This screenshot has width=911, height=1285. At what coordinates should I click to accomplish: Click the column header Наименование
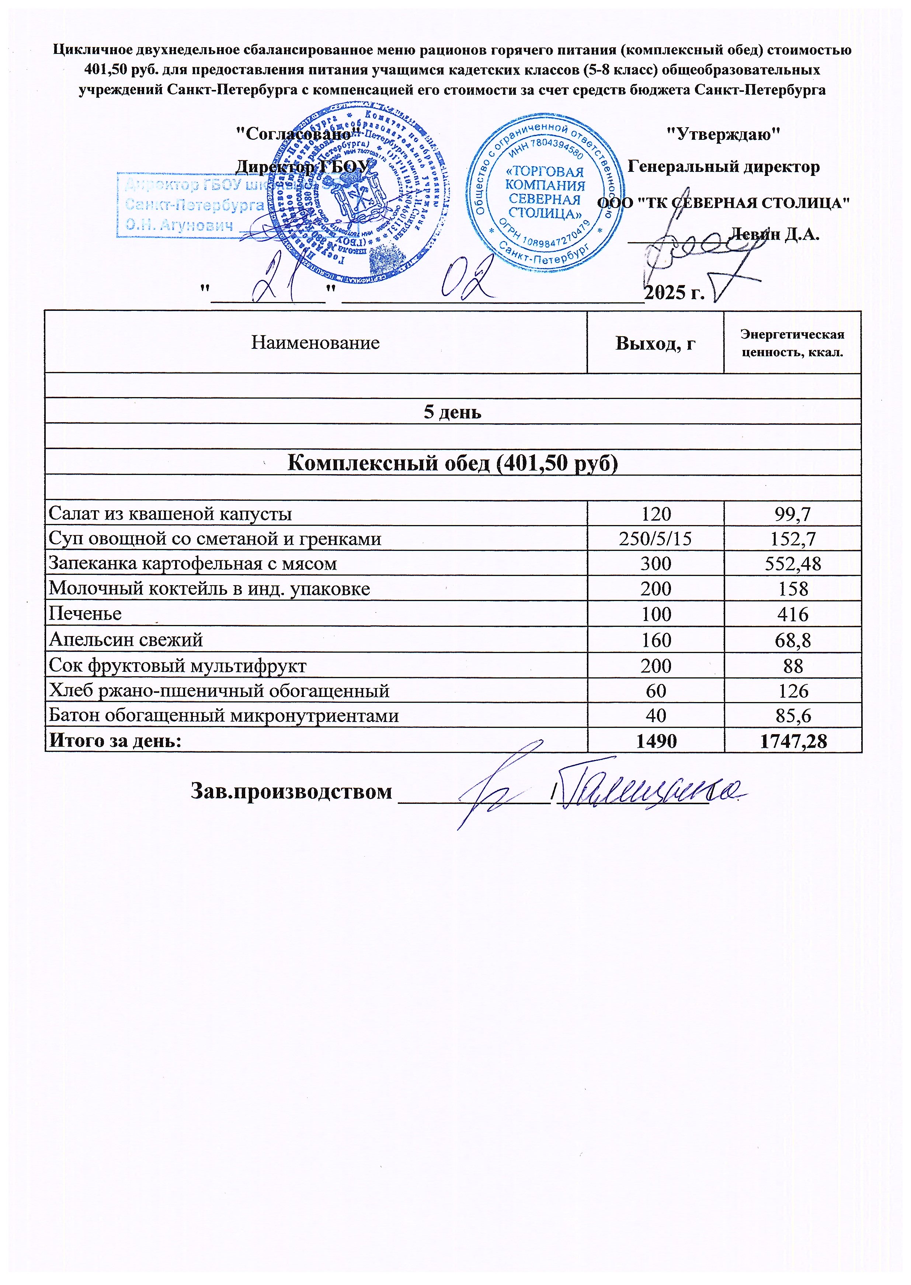point(315,343)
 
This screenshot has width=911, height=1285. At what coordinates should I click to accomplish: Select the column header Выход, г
point(655,343)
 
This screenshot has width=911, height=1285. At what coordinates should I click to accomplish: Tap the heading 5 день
point(452,412)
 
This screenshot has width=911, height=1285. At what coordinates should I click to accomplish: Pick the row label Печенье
point(85,614)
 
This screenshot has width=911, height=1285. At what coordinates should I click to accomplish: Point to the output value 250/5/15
point(655,538)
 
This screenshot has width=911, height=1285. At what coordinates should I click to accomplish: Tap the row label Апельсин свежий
point(126,639)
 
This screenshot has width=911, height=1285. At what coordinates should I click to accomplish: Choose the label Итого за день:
point(115,741)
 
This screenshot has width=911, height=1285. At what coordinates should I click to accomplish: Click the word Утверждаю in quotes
point(723,134)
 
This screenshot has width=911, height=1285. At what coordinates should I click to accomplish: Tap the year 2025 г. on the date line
point(674,292)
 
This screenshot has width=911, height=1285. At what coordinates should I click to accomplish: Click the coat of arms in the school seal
point(359,194)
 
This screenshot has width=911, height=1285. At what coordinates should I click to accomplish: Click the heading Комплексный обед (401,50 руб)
point(452,463)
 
